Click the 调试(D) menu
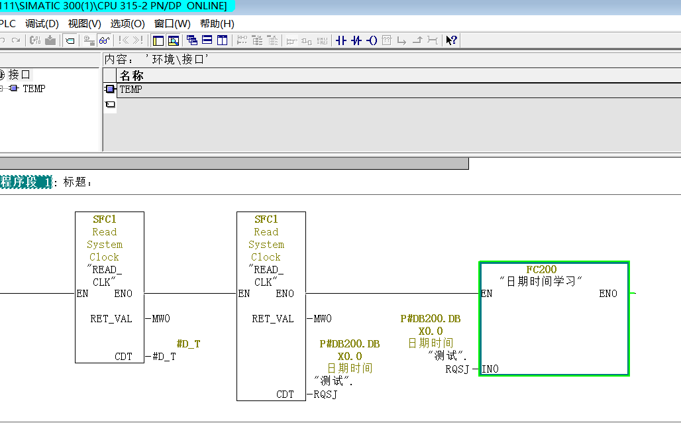(x=42, y=24)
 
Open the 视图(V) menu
(x=84, y=24)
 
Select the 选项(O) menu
(x=127, y=24)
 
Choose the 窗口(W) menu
(x=172, y=24)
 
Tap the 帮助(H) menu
(x=217, y=24)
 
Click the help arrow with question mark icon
(x=451, y=40)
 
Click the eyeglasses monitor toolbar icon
(x=104, y=40)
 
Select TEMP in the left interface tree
(x=34, y=89)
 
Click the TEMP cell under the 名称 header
(x=131, y=90)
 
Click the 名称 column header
(x=132, y=76)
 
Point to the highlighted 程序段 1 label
(x=26, y=182)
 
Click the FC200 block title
(x=541, y=270)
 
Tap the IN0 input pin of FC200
(x=490, y=369)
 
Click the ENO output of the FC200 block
(x=608, y=294)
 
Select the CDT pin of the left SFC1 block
(x=123, y=357)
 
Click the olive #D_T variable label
(x=189, y=344)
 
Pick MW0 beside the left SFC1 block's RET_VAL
(x=161, y=319)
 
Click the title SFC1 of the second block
(x=266, y=219)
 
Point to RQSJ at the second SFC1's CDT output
(x=325, y=394)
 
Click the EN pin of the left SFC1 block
(x=82, y=294)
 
